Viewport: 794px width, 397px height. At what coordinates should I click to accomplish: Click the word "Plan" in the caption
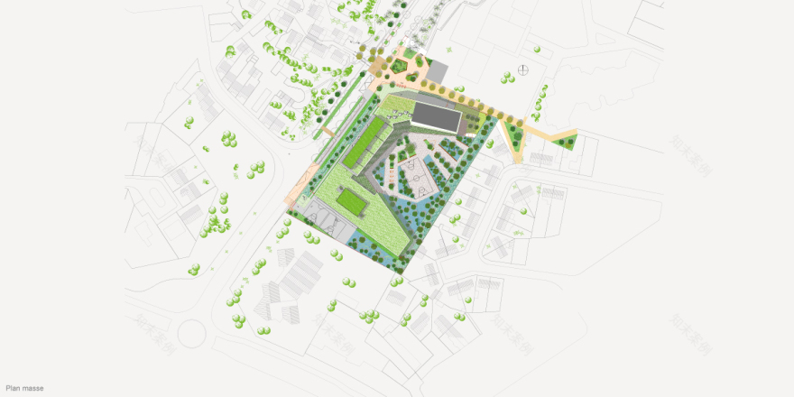pos(12,389)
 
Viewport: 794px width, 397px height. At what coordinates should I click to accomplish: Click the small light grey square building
pos(438,69)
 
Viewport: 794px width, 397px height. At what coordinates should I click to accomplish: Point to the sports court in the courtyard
pos(417,177)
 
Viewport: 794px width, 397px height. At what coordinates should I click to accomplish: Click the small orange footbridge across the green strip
pos(322,132)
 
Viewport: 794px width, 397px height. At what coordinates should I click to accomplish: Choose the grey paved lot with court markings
pos(327,220)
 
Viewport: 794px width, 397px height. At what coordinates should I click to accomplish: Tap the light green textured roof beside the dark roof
pos(394,111)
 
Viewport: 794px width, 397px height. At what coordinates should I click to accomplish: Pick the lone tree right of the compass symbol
pos(545,88)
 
